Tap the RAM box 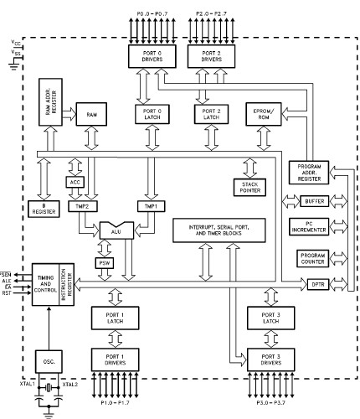[x=90, y=113]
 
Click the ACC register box [x=74, y=182]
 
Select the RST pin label [x=8, y=294]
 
